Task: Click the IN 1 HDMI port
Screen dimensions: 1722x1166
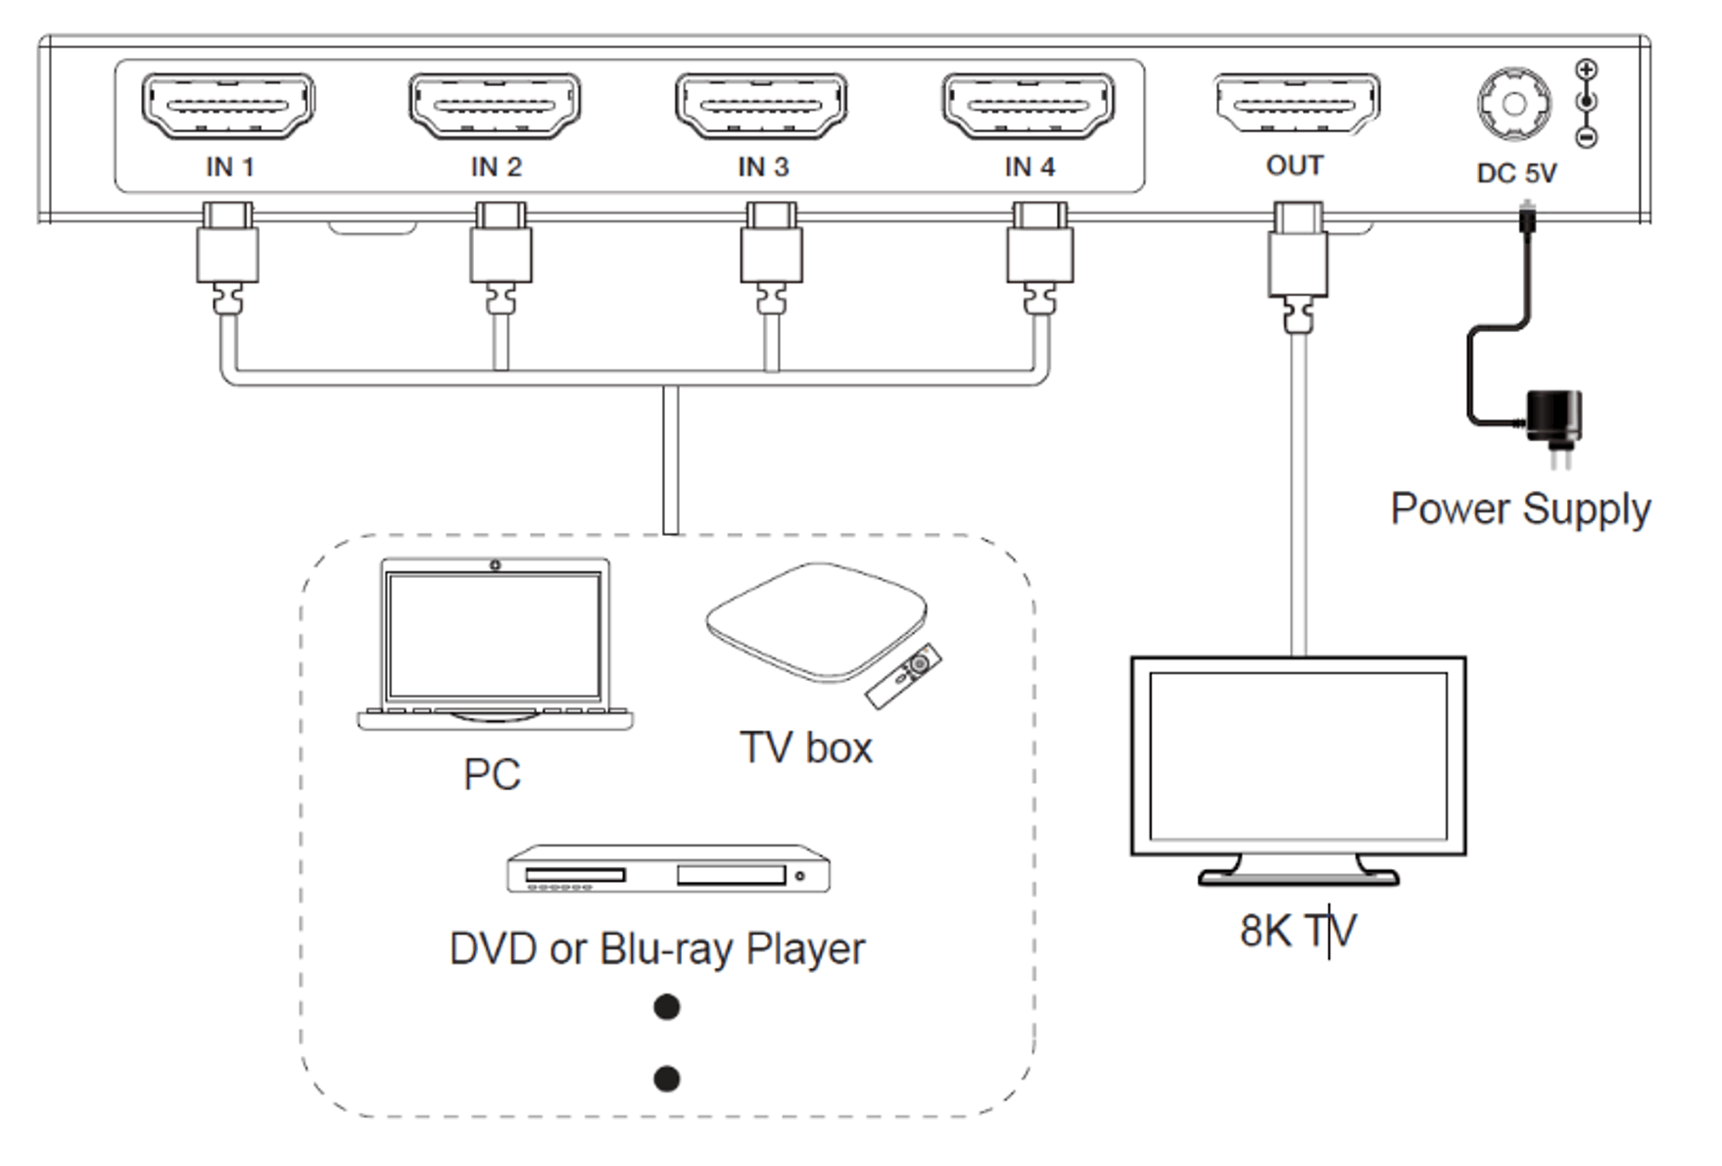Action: pos(228,105)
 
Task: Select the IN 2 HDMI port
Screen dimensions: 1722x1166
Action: pos(495,105)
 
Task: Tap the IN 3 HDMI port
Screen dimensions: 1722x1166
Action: pos(761,105)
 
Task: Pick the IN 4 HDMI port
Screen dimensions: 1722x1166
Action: pos(1028,105)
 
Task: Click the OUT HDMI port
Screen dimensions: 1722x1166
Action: pos(1297,104)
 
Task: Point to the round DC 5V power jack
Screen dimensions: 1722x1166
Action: pos(1514,104)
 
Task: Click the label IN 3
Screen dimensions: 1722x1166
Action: pos(763,168)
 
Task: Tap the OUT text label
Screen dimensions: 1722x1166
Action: pos(1295,166)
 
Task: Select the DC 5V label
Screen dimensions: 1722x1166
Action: pos(1516,173)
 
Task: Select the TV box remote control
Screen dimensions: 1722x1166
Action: pos(903,675)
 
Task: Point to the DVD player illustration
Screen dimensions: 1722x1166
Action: pos(668,869)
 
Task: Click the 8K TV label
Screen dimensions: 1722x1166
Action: pos(1298,931)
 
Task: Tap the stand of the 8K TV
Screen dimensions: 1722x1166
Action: pos(1299,870)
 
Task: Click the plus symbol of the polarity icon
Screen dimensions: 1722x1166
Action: pos(1587,70)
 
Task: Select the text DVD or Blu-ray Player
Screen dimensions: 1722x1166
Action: pos(657,949)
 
